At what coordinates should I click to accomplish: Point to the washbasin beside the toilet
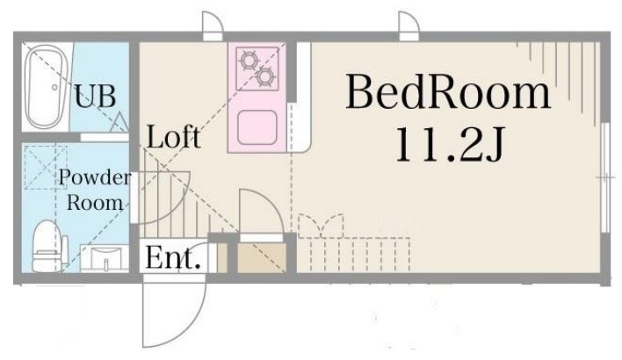click(105, 259)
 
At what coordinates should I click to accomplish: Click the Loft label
click(173, 137)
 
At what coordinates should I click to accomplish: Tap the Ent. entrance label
click(173, 259)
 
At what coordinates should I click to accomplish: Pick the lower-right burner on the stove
click(265, 78)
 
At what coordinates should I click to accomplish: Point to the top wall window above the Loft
click(213, 26)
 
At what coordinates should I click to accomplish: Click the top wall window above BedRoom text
click(408, 26)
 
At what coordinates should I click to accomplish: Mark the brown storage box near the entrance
click(262, 257)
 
